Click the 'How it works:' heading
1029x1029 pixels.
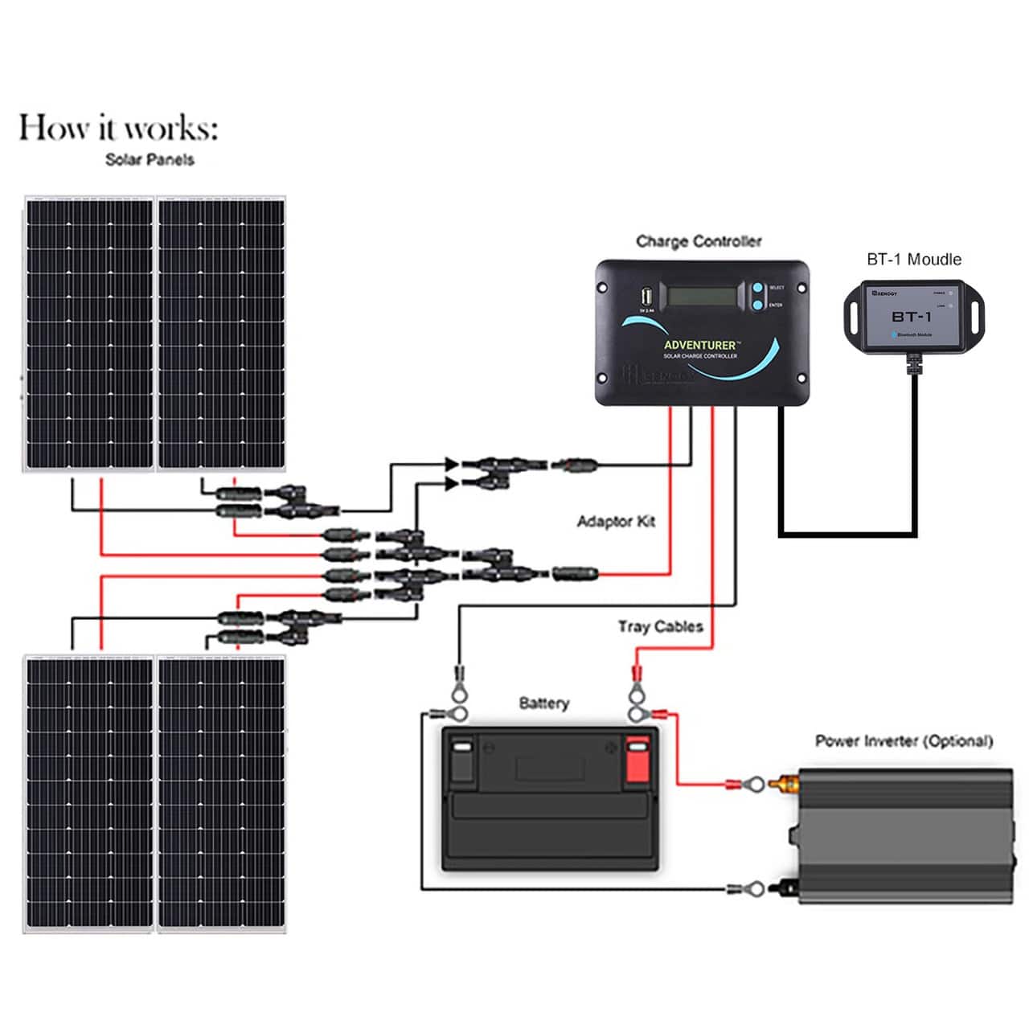click(118, 128)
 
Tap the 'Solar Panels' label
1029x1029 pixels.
click(150, 159)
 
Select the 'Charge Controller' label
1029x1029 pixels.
click(699, 241)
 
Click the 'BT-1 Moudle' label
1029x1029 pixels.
click(913, 259)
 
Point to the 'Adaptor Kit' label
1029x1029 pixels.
click(616, 522)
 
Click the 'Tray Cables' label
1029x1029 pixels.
click(660, 626)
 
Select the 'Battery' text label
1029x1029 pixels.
click(543, 703)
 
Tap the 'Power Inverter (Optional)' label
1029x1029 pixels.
click(904, 740)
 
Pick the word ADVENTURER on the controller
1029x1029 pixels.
click(699, 345)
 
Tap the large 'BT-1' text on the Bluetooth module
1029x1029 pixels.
click(911, 317)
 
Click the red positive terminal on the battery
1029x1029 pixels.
click(637, 760)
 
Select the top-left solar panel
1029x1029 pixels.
click(88, 334)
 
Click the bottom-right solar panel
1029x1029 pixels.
click(221, 793)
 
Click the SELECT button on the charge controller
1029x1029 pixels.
click(757, 287)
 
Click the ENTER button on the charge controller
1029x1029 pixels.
click(757, 305)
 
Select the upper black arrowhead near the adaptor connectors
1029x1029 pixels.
click(452, 464)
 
